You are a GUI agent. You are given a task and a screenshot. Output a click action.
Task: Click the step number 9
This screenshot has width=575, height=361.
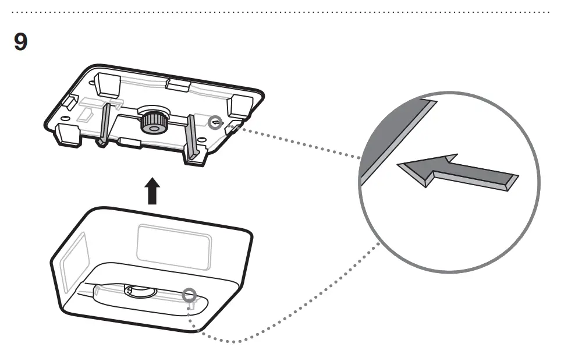click(20, 42)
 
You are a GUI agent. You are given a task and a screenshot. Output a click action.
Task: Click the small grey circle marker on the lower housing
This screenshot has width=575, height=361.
click(189, 295)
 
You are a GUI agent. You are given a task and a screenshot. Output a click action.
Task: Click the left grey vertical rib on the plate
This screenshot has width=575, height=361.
click(104, 123)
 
